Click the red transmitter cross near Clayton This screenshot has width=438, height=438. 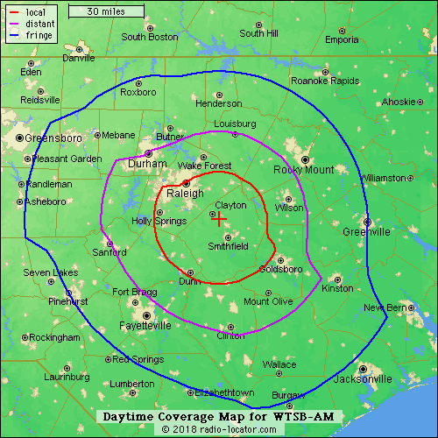(220, 220)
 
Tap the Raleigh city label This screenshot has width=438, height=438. (185, 194)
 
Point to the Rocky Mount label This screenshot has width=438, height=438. (304, 170)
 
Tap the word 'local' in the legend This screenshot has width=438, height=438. (36, 13)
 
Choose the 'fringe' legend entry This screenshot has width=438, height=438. (38, 38)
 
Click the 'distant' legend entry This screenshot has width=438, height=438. (40, 25)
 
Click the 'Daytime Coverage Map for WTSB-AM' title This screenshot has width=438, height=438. (218, 417)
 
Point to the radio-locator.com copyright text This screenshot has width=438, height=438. (218, 429)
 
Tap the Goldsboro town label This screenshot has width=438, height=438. (281, 270)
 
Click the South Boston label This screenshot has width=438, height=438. (149, 37)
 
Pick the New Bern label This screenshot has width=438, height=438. (385, 307)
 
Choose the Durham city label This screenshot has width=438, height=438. (146, 164)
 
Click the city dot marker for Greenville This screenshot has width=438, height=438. (368, 221)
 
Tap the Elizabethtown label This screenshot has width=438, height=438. (224, 392)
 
